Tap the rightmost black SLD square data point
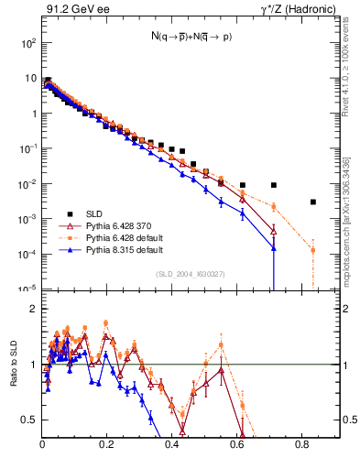pos(313,202)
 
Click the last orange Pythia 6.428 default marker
pos(313,250)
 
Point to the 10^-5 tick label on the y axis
pos(27,289)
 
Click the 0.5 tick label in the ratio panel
pos(29,420)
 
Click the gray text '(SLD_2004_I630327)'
pos(191,273)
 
